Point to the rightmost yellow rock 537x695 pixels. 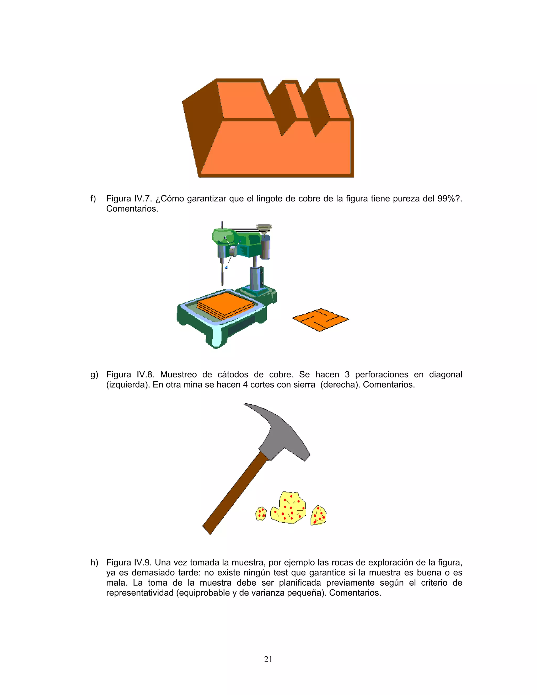point(318,516)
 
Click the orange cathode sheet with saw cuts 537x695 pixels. point(320,319)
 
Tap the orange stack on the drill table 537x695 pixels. point(225,305)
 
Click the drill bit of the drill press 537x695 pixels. point(222,275)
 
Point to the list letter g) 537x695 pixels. point(94,375)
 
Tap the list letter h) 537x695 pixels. point(94,563)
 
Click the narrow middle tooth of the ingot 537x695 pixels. point(296,100)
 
